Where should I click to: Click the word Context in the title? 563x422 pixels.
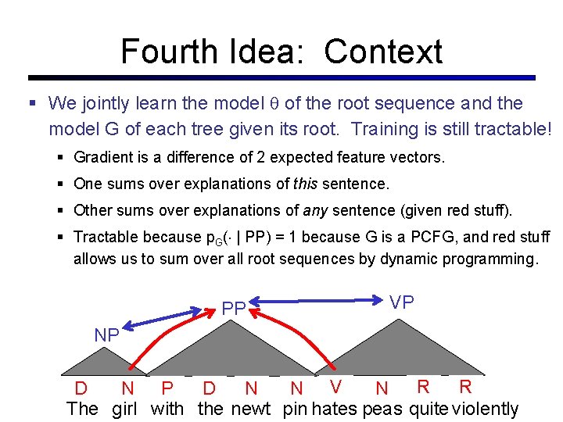coord(383,52)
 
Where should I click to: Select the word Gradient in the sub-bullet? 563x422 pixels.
coord(103,157)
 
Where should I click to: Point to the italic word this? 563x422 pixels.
coord(307,184)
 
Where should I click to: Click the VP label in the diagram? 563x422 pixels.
coord(402,302)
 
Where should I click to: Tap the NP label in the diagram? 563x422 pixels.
coord(106,335)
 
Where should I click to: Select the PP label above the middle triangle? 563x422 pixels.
coord(234,309)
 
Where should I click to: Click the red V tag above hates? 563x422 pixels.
coord(335,386)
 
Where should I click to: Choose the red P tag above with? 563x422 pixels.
coord(167,388)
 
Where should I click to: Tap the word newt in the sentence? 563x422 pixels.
coord(250,408)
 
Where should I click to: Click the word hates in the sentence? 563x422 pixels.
coord(335,408)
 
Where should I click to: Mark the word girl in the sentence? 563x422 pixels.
coord(124,408)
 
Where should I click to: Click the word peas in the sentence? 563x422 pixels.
coord(382,408)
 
